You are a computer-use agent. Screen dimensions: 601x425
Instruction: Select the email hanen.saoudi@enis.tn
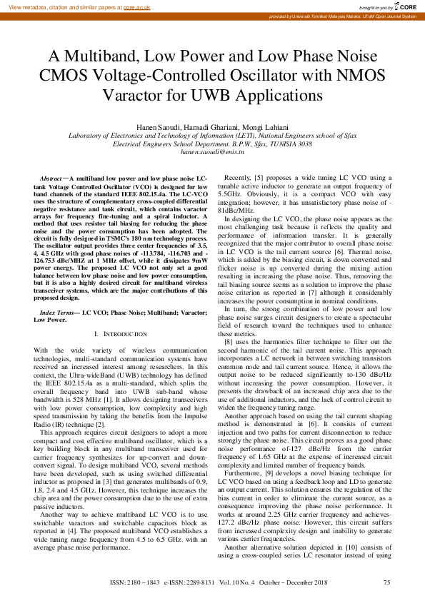pyautogui.click(x=213, y=151)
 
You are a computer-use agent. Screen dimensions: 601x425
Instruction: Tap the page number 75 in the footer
pyautogui.click(x=386, y=583)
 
